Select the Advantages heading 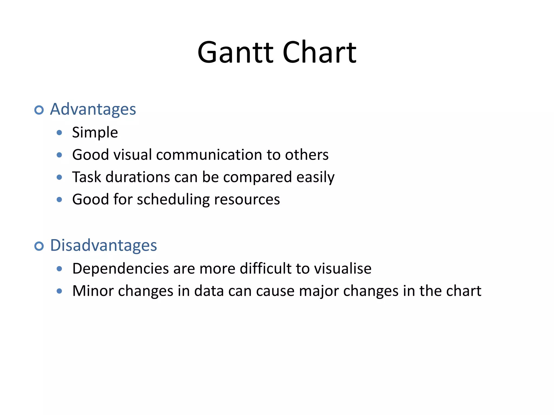pyautogui.click(x=93, y=109)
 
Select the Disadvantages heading pyautogui.click(x=103, y=246)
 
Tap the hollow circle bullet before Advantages pyautogui.click(x=39, y=110)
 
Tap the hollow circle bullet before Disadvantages pyautogui.click(x=39, y=246)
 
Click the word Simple pyautogui.click(x=95, y=133)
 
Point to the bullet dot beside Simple pyautogui.click(x=60, y=133)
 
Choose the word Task pyautogui.click(x=87, y=177)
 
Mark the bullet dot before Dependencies pyautogui.click(x=60, y=269)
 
